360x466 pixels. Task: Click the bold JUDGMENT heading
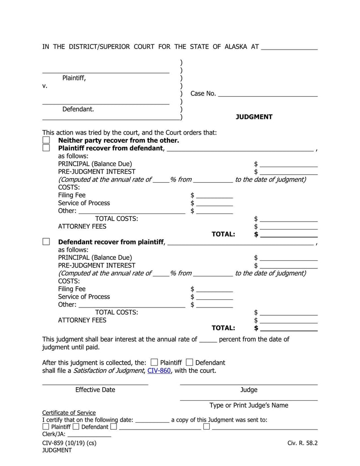tap(254, 117)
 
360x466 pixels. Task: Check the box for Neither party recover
tap(46, 140)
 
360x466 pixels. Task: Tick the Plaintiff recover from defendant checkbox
tap(46, 148)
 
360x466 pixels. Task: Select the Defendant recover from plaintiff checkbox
tap(46, 242)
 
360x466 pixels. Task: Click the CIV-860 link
tap(159, 371)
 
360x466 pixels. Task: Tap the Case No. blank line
tap(268, 94)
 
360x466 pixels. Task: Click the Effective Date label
tap(95, 390)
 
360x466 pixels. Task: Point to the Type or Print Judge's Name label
tap(249, 405)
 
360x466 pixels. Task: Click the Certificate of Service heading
tap(69, 413)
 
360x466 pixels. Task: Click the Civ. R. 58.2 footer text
tap(302, 443)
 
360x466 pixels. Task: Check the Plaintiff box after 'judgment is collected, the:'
tap(154, 362)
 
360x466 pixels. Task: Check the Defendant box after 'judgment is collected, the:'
tap(189, 362)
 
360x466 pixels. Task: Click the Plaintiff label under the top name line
tap(74, 78)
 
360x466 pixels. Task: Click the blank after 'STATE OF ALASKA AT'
tap(289, 47)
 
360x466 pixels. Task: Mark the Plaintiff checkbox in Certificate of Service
tap(46, 426)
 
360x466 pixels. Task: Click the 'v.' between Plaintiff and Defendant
tap(45, 86)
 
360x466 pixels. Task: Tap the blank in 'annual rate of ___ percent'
tap(208, 339)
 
